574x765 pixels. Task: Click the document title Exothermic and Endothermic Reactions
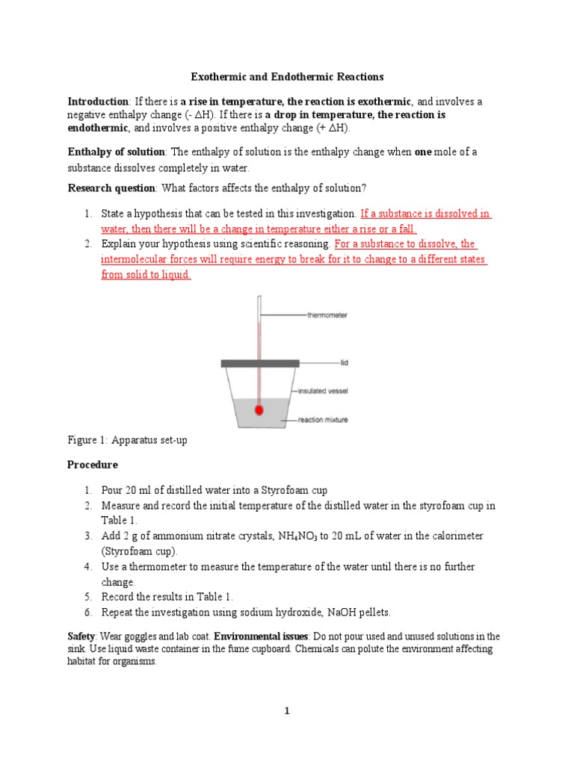tap(287, 76)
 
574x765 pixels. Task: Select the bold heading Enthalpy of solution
tap(116, 152)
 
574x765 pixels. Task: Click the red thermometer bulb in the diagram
tap(259, 410)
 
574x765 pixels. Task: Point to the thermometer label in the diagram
tap(327, 315)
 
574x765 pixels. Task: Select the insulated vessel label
tap(323, 391)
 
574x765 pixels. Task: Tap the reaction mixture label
tap(323, 420)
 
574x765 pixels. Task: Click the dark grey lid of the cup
tap(259, 363)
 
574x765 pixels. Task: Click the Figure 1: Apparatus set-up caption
tap(127, 441)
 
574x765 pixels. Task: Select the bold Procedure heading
tap(93, 465)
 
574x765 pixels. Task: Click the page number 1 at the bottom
tap(287, 711)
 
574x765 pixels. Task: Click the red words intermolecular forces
tap(149, 259)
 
